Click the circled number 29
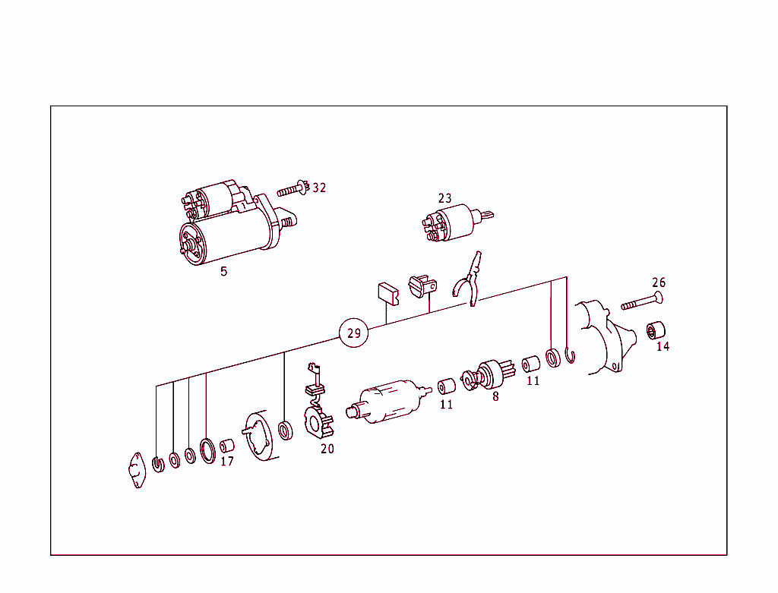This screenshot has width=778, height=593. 353,333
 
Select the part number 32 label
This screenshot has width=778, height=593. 319,188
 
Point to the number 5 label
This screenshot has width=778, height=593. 223,271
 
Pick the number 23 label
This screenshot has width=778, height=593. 444,198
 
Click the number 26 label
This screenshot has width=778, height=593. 659,282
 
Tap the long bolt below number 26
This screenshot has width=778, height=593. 643,302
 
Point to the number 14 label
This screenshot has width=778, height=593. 663,346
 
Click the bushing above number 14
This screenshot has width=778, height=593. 656,330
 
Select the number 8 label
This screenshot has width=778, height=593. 495,396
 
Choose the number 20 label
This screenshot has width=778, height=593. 327,449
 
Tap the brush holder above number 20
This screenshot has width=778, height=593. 318,418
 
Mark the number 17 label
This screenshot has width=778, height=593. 227,461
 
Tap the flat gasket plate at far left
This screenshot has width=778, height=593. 137,470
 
